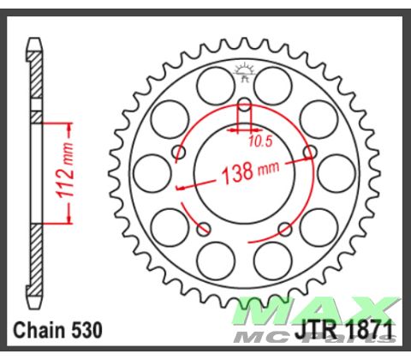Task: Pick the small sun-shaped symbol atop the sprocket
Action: [244, 72]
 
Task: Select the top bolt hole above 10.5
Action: [244, 105]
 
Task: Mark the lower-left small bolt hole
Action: [203, 229]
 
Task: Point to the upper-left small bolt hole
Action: [179, 153]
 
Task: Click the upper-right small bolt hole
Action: [310, 153]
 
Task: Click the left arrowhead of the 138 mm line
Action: [178, 185]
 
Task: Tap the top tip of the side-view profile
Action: [34, 39]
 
